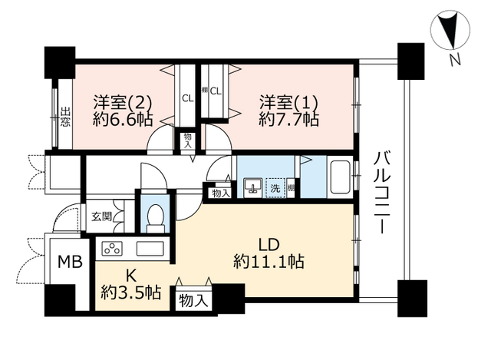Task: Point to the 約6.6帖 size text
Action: coord(123,120)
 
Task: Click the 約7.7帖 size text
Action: coord(288,120)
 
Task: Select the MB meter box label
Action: coord(71,261)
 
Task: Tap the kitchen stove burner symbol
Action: coord(112,248)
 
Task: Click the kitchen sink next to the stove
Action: coord(148,248)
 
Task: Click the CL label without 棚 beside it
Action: coord(187,97)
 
